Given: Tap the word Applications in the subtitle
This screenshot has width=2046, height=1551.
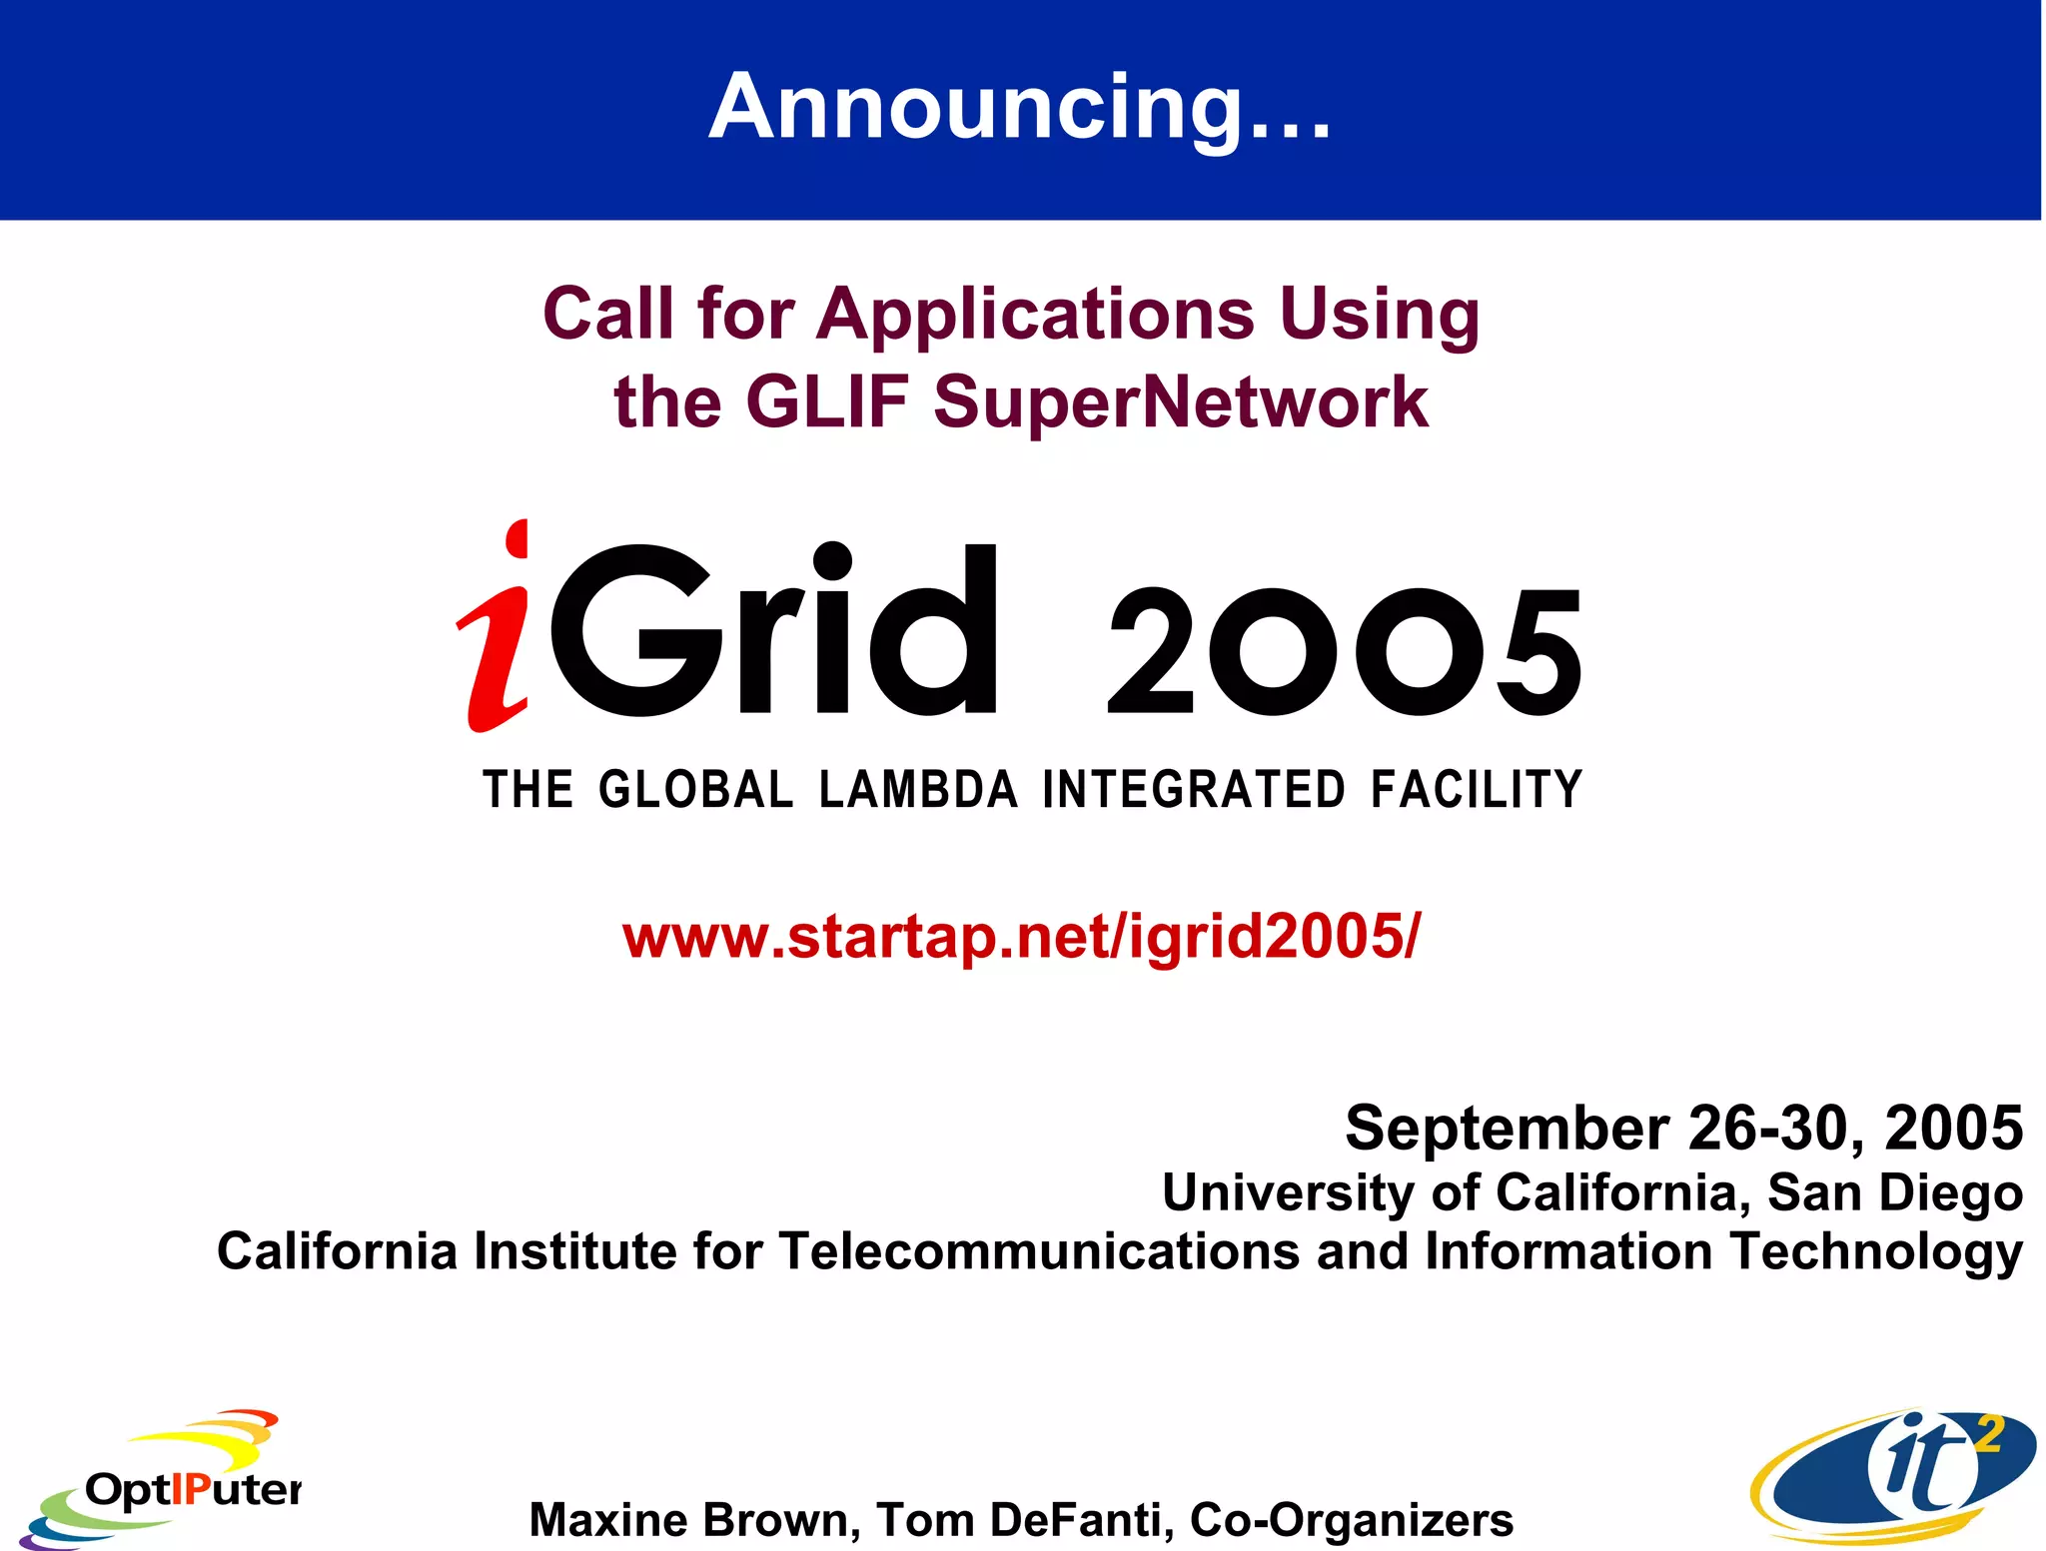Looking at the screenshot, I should tap(1035, 314).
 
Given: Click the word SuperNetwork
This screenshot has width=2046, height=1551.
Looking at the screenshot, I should tap(1181, 401).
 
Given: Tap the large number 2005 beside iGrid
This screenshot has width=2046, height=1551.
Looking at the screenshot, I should tap(1344, 651).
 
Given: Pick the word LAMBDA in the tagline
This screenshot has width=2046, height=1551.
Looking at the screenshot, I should tap(918, 790).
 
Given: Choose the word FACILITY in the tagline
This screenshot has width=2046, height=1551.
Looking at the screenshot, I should tap(1476, 790).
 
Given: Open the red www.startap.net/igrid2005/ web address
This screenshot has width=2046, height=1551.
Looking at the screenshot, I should tap(1020, 937).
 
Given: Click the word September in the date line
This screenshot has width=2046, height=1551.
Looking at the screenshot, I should tap(1507, 1129).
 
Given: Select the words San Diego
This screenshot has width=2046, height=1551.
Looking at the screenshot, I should tap(1895, 1192).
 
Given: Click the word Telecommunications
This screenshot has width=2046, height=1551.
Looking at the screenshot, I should tap(1038, 1251).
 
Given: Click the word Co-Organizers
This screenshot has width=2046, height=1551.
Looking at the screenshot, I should tap(1352, 1519).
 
